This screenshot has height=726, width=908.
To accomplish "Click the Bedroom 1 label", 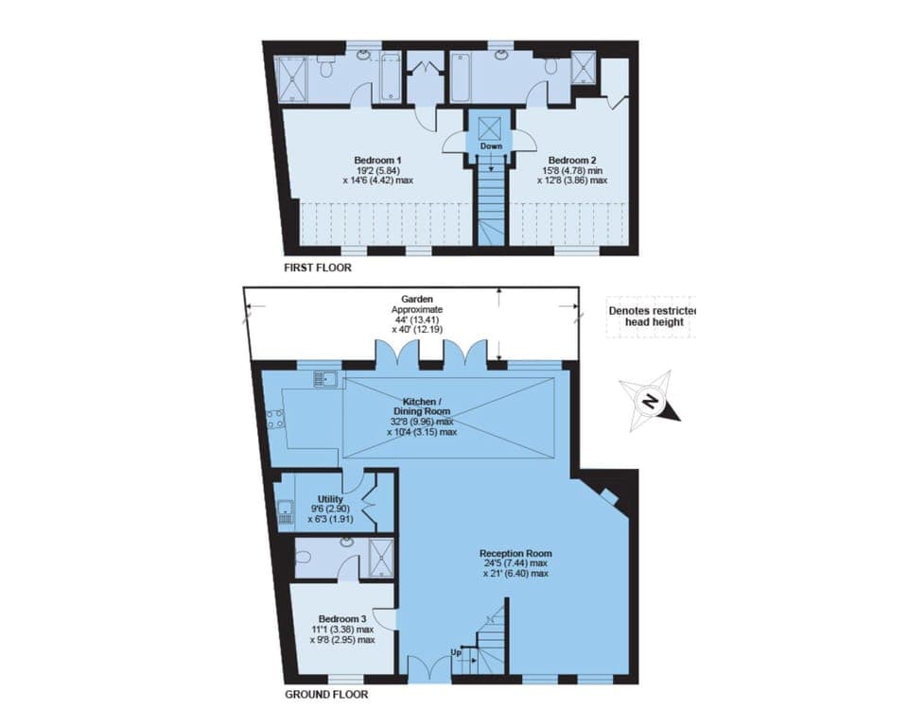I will [x=375, y=159].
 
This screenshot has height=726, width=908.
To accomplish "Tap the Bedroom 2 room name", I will [x=569, y=159].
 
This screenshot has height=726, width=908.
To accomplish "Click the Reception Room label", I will [x=515, y=553].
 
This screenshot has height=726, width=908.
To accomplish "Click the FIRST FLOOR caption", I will [x=318, y=268].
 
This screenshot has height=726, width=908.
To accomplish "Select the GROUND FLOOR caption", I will [x=326, y=694].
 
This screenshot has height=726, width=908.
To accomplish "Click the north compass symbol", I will [x=649, y=400].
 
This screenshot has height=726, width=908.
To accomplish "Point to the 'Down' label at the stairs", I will [x=490, y=147].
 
